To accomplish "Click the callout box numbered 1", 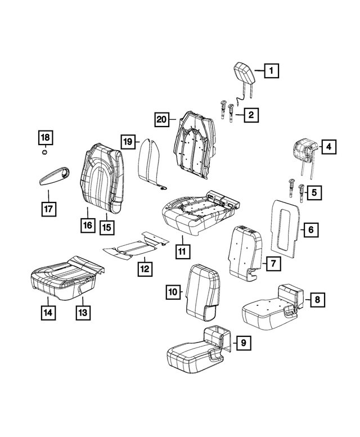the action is click(271, 71).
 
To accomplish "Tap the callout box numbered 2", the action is click(251, 115).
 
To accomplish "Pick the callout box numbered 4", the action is click(329, 147).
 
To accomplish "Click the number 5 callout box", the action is click(314, 192).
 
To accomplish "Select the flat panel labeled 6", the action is click(286, 228).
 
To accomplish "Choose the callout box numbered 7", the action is click(273, 263).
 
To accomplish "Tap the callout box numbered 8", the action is click(318, 300).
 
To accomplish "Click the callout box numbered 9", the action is click(244, 343).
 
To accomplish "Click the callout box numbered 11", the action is click(182, 251).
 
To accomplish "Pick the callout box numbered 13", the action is click(83, 313).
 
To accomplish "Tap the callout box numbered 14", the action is click(48, 313).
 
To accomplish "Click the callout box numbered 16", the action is click(88, 225).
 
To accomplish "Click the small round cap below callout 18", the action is click(44, 152).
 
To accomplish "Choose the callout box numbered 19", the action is click(128, 142).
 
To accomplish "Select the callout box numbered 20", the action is click(161, 120).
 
